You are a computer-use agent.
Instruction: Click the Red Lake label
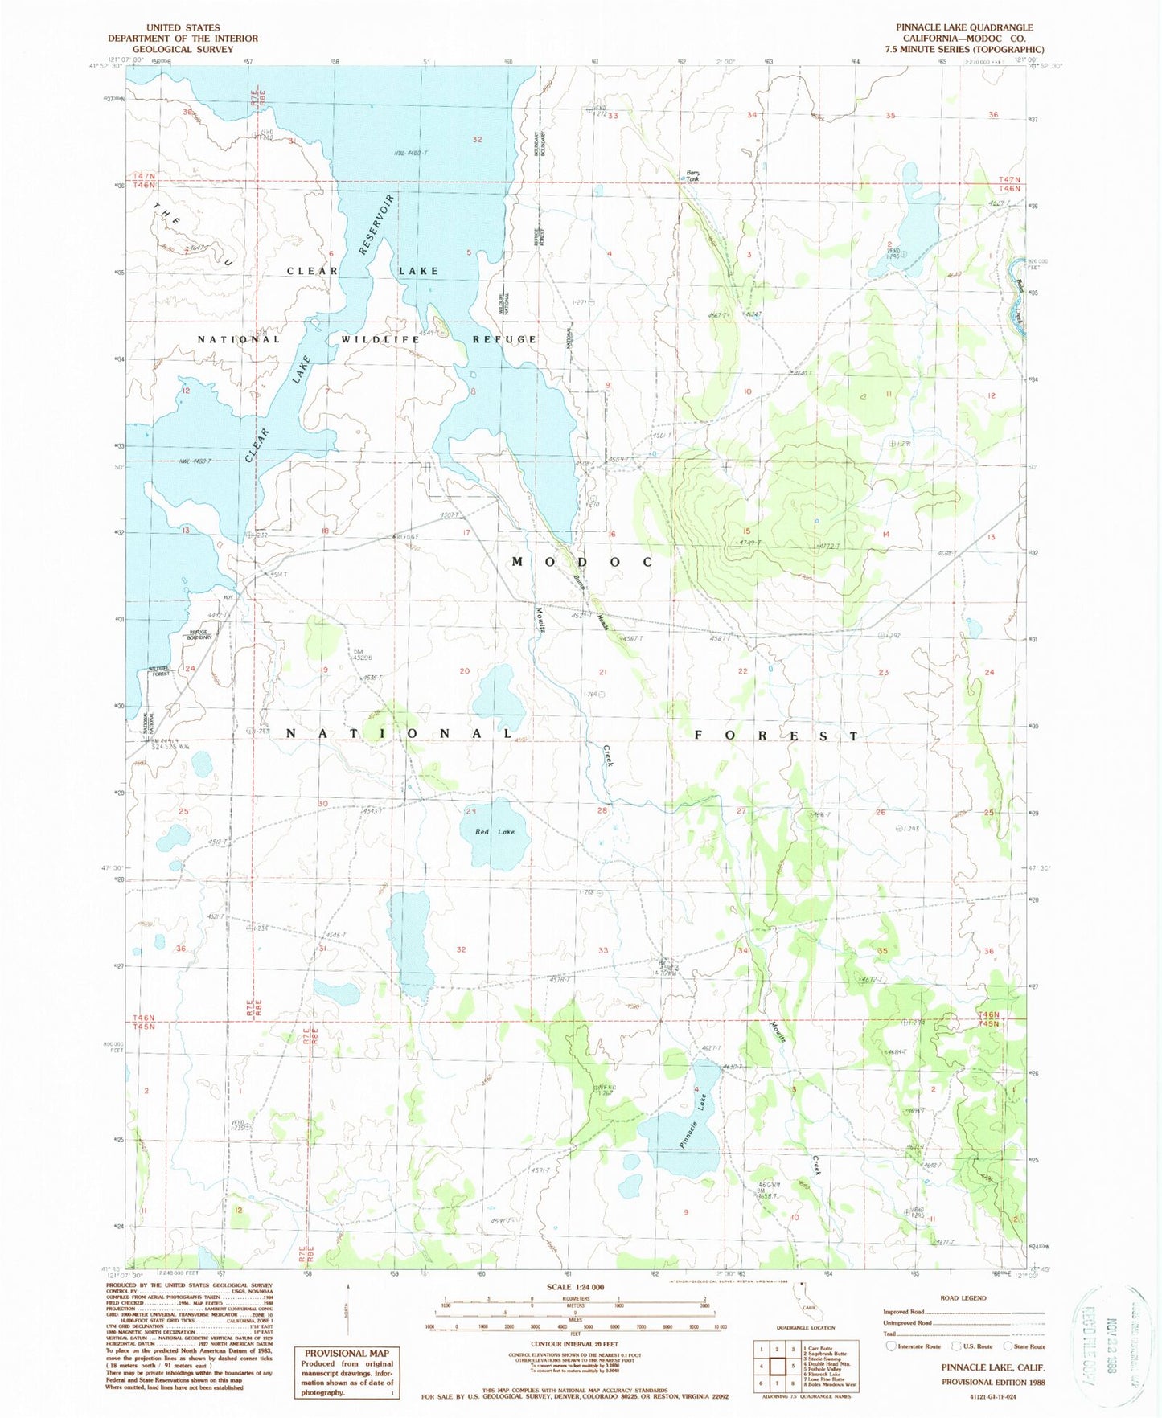[495, 831]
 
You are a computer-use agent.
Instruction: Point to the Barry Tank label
[693, 175]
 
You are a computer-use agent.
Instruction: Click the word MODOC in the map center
[582, 562]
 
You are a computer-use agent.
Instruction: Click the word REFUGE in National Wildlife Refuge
[504, 339]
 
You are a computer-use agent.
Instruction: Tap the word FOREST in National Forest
[777, 736]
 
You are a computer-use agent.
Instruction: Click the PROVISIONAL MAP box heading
[347, 1354]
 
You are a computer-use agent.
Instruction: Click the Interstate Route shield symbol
[890, 1346]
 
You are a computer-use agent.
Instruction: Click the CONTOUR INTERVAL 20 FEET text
[581, 1343]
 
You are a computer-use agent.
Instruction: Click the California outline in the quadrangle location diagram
[799, 1313]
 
